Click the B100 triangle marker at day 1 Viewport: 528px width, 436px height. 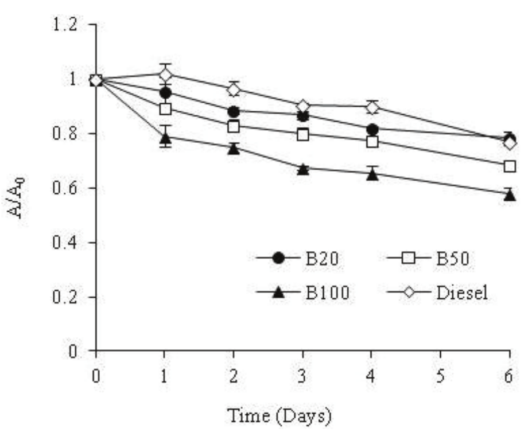(165, 138)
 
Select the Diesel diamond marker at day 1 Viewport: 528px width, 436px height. (165, 75)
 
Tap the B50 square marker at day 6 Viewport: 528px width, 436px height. (509, 166)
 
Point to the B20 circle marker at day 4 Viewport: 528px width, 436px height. (372, 129)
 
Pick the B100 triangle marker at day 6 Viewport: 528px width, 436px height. (509, 195)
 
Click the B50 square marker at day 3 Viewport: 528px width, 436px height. (303, 135)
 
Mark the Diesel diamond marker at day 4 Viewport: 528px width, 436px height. (372, 107)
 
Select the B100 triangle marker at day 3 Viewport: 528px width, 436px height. (303, 169)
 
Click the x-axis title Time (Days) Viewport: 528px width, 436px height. (279, 415)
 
